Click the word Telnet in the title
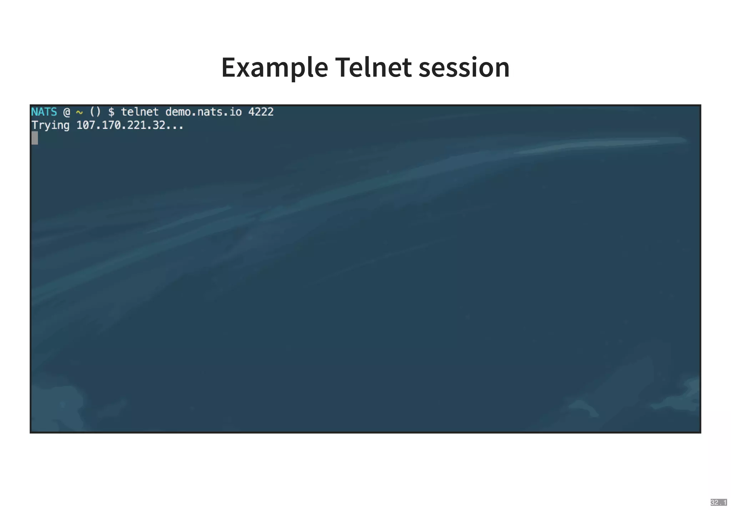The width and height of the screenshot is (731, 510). [373, 68]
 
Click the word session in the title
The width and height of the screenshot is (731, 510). [464, 68]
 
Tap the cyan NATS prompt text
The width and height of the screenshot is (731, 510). [44, 112]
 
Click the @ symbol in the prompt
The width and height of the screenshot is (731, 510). [67, 112]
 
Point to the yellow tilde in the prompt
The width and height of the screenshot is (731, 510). [79, 112]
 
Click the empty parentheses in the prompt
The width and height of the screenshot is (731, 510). [95, 112]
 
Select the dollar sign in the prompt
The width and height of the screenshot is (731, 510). [111, 112]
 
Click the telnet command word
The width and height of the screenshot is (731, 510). [140, 112]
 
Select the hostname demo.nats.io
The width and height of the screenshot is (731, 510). [203, 112]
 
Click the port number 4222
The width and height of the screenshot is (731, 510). [261, 112]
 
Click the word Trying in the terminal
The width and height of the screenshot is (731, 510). [50, 126]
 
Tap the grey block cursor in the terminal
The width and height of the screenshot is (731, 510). [35, 138]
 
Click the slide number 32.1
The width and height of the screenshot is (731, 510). [718, 503]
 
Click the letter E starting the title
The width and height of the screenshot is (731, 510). [228, 68]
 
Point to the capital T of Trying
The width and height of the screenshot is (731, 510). [35, 125]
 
